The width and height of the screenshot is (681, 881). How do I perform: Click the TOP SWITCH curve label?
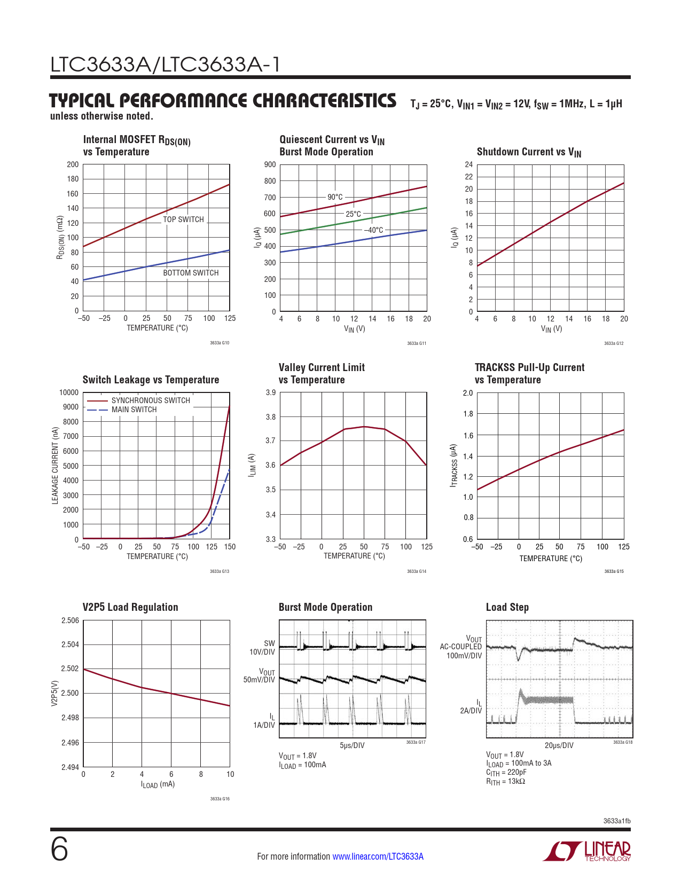(x=183, y=219)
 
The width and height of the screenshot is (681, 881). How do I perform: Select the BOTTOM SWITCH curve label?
(x=191, y=273)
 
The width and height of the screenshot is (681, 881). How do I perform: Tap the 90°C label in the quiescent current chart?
(x=335, y=197)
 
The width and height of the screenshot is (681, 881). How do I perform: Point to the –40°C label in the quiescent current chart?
(x=373, y=230)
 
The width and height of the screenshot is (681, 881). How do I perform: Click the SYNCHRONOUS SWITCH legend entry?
(x=150, y=400)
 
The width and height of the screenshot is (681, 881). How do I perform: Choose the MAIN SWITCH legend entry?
(x=134, y=410)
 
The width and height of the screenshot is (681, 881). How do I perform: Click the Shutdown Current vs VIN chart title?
(x=529, y=152)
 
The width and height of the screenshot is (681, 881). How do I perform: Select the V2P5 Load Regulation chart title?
(x=130, y=607)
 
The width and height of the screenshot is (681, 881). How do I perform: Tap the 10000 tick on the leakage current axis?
(x=69, y=392)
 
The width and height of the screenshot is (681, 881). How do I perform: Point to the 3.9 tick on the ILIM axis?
(x=271, y=392)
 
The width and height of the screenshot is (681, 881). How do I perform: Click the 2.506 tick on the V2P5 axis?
(x=70, y=620)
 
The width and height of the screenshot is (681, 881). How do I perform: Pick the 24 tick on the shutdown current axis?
(x=468, y=164)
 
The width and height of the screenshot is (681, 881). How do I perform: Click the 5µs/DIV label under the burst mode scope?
(x=352, y=745)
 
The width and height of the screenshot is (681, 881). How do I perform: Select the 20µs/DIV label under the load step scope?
(x=559, y=745)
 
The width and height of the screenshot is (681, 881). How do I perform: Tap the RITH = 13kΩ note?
(x=505, y=782)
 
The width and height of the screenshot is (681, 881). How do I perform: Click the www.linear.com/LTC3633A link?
(x=378, y=856)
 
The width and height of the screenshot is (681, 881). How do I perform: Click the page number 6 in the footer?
(x=59, y=849)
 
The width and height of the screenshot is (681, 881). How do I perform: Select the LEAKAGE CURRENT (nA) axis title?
(x=55, y=466)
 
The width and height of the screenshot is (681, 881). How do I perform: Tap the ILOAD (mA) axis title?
(x=158, y=784)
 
